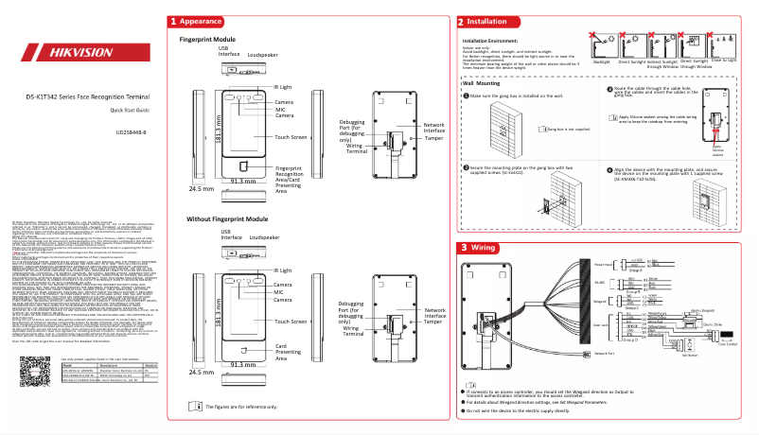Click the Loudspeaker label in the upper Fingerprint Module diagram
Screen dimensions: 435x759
262,57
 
